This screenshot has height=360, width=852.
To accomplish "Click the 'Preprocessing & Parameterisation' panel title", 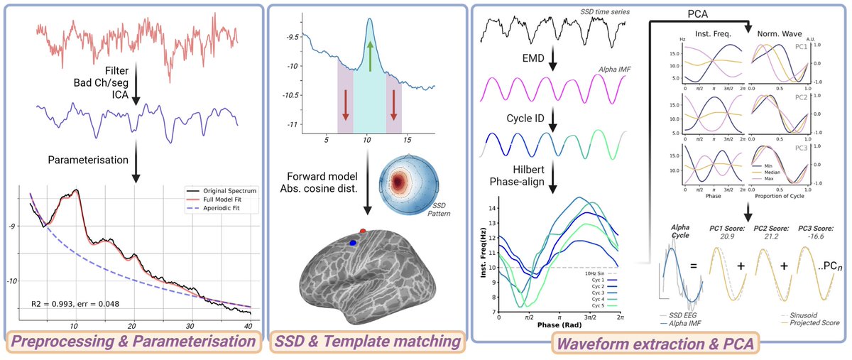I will pos(132,342).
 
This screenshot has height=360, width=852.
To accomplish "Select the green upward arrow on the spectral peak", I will pos(369,55).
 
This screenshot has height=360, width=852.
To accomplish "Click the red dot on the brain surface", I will pos(364,231).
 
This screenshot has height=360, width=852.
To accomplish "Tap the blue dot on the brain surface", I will pos(353,243).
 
